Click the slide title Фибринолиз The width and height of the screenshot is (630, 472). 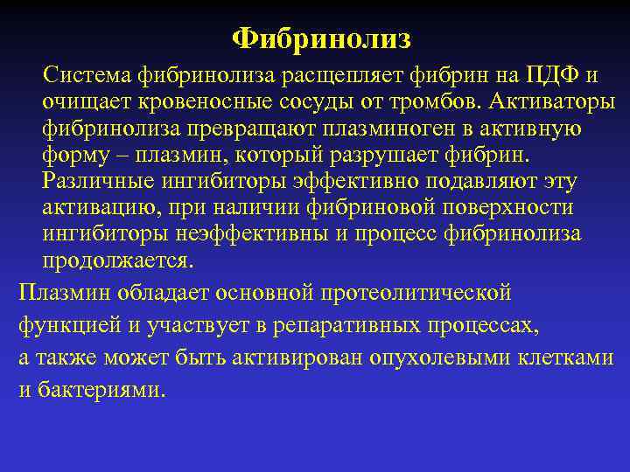pyautogui.click(x=321, y=39)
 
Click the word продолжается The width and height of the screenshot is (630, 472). pyautogui.click(x=118, y=261)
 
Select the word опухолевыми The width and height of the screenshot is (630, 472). pyautogui.click(x=423, y=357)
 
